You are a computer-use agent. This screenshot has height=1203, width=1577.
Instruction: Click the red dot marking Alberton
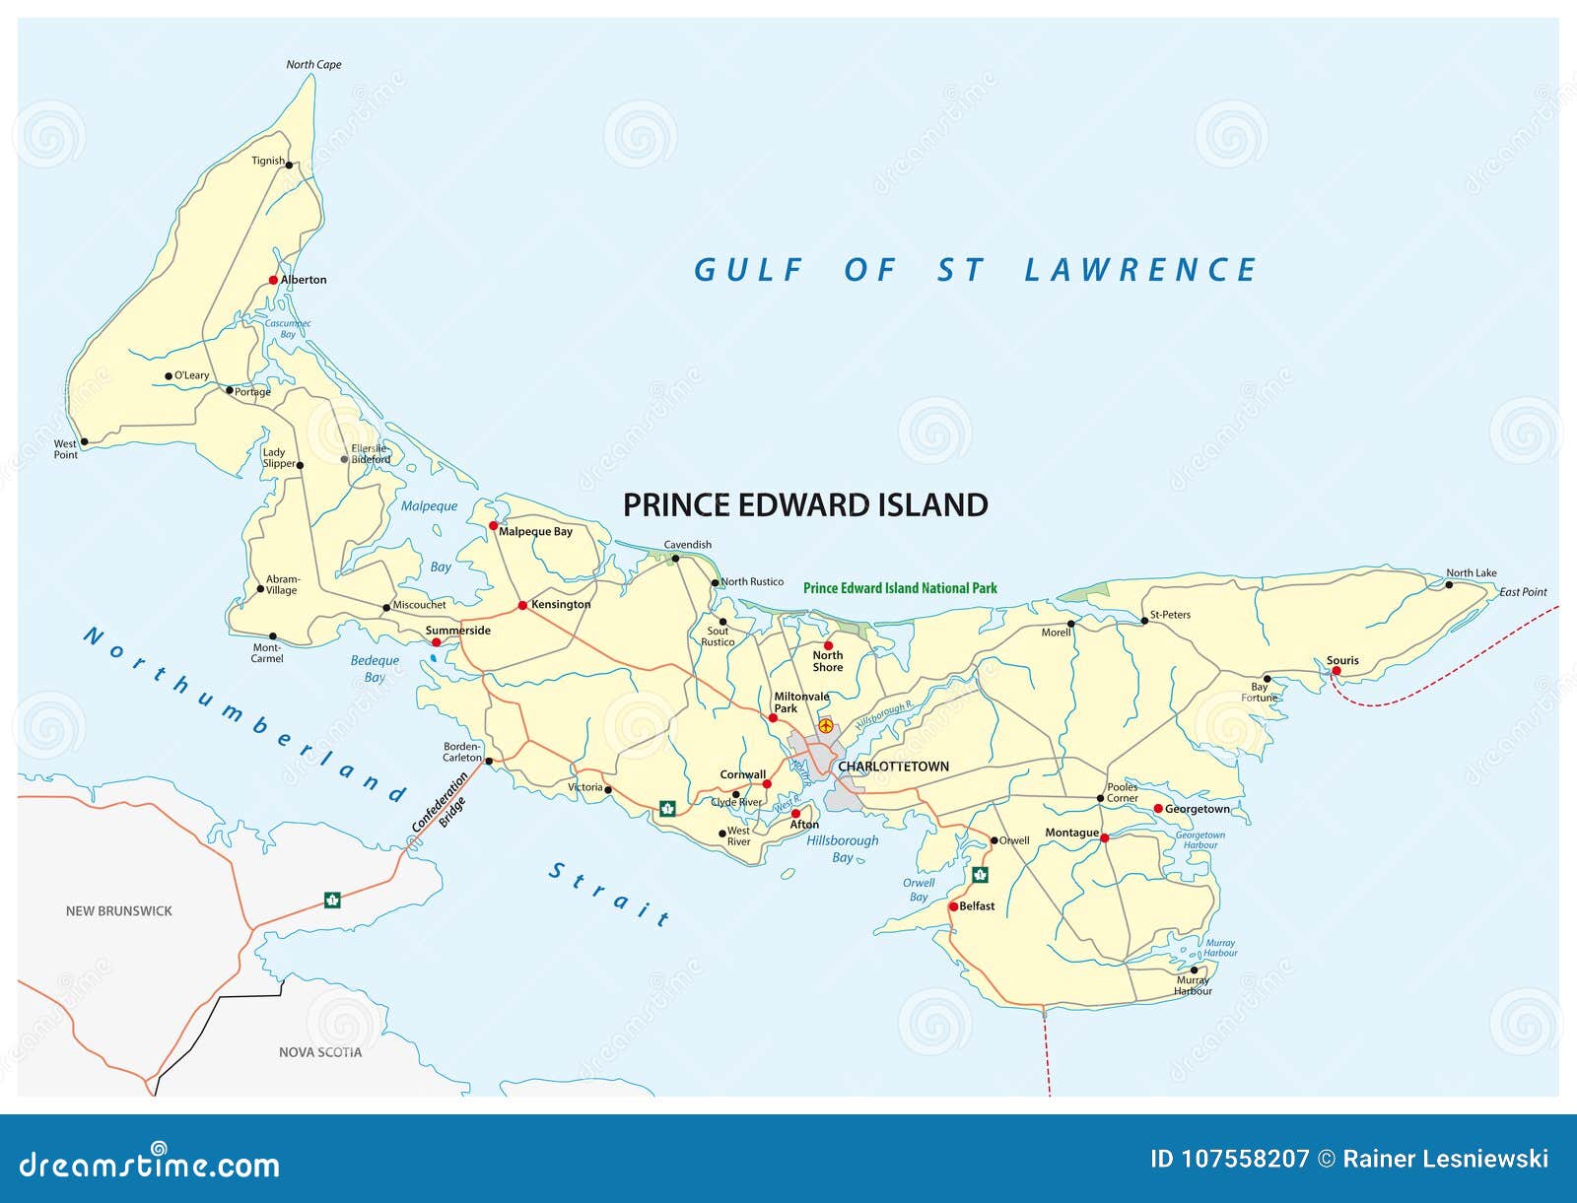(x=274, y=280)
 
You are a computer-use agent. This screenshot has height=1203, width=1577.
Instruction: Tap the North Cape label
(x=313, y=65)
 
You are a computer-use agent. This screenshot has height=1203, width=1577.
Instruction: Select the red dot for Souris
(x=1337, y=671)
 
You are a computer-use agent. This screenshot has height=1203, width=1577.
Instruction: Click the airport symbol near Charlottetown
(x=826, y=725)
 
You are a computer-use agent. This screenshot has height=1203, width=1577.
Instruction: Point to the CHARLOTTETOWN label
(x=893, y=767)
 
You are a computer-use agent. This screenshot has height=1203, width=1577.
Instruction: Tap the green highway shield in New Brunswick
(x=332, y=900)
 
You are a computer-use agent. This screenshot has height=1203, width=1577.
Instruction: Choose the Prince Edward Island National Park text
(x=900, y=588)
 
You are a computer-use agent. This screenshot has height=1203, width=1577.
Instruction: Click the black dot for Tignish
(x=289, y=166)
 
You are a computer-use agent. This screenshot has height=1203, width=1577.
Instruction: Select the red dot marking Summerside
(x=437, y=642)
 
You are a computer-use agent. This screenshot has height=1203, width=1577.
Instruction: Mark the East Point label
(x=1523, y=592)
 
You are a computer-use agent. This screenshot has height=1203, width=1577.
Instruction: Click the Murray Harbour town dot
(x=1195, y=970)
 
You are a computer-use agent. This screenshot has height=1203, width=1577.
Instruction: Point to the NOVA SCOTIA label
(x=319, y=1052)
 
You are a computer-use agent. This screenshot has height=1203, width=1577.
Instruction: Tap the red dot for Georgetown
(x=1158, y=809)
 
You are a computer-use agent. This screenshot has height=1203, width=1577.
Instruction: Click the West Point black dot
(x=84, y=442)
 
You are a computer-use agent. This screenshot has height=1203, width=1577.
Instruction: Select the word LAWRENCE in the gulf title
(x=1140, y=270)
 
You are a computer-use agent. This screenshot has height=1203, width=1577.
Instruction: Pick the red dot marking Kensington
(x=522, y=605)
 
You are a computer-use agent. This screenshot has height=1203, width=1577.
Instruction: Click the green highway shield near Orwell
(x=980, y=875)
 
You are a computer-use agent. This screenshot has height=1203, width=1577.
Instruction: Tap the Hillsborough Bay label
(x=842, y=848)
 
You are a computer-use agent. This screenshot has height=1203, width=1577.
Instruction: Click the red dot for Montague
(x=1105, y=838)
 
